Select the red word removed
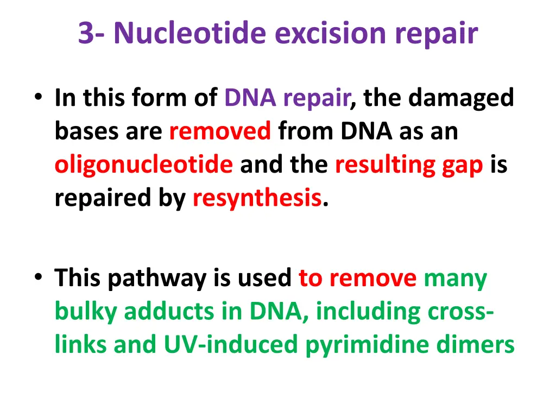pos(220,131)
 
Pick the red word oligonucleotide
pos(143,165)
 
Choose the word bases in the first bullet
pos(86,131)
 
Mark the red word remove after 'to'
pos(372,279)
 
